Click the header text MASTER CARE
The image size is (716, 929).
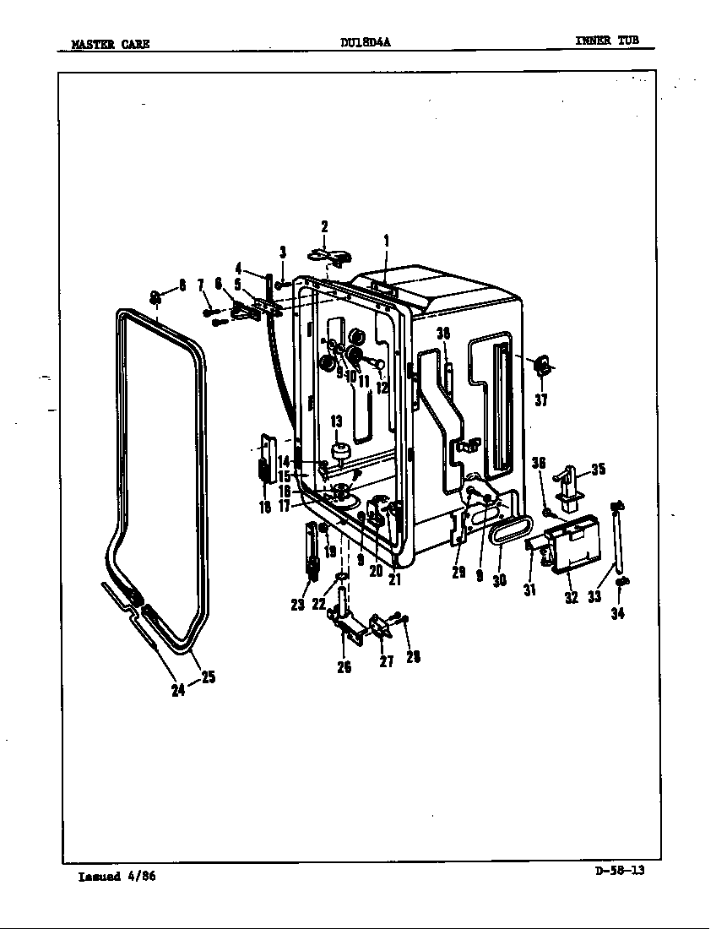[111, 44]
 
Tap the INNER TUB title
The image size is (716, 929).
[607, 41]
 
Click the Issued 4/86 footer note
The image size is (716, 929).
[117, 876]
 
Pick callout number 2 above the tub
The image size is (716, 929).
[324, 226]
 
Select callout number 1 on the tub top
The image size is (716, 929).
[386, 241]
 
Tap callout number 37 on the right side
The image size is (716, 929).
[541, 400]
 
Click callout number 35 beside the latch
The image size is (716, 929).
[598, 470]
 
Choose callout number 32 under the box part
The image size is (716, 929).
[572, 597]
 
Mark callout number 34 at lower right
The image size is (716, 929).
[618, 614]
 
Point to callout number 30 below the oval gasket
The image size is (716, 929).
[499, 581]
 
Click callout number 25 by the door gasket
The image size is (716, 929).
[208, 676]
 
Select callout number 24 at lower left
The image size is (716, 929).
[178, 690]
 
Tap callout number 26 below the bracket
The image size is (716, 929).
[344, 666]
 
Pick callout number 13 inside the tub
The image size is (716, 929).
[335, 421]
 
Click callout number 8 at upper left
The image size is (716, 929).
[182, 285]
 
